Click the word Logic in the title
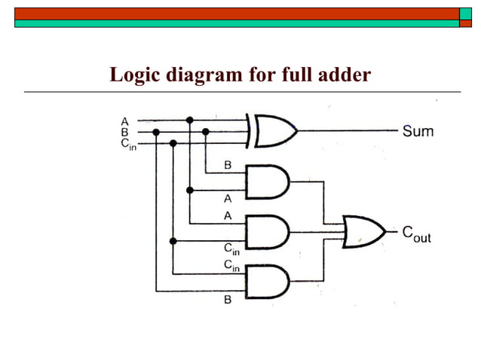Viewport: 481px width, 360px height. pyautogui.click(x=135, y=75)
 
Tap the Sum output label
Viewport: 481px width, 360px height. pyautogui.click(x=418, y=131)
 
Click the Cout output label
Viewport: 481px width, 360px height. pyautogui.click(x=415, y=234)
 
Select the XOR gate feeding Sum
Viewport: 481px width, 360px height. pyautogui.click(x=274, y=131)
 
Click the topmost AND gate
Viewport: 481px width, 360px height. pyautogui.click(x=266, y=182)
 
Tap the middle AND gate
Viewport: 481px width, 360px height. pyautogui.click(x=266, y=232)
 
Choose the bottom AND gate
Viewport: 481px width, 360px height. pyautogui.click(x=266, y=282)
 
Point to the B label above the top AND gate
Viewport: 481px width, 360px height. pyautogui.click(x=228, y=165)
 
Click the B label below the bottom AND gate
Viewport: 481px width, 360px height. pyautogui.click(x=228, y=301)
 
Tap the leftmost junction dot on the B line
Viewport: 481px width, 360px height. pyautogui.click(x=156, y=132)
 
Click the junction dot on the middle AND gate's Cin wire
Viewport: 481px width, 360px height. pyautogui.click(x=173, y=241)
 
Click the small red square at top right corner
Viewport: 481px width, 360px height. pyautogui.click(x=465, y=23)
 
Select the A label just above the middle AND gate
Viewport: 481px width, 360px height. pyautogui.click(x=228, y=215)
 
